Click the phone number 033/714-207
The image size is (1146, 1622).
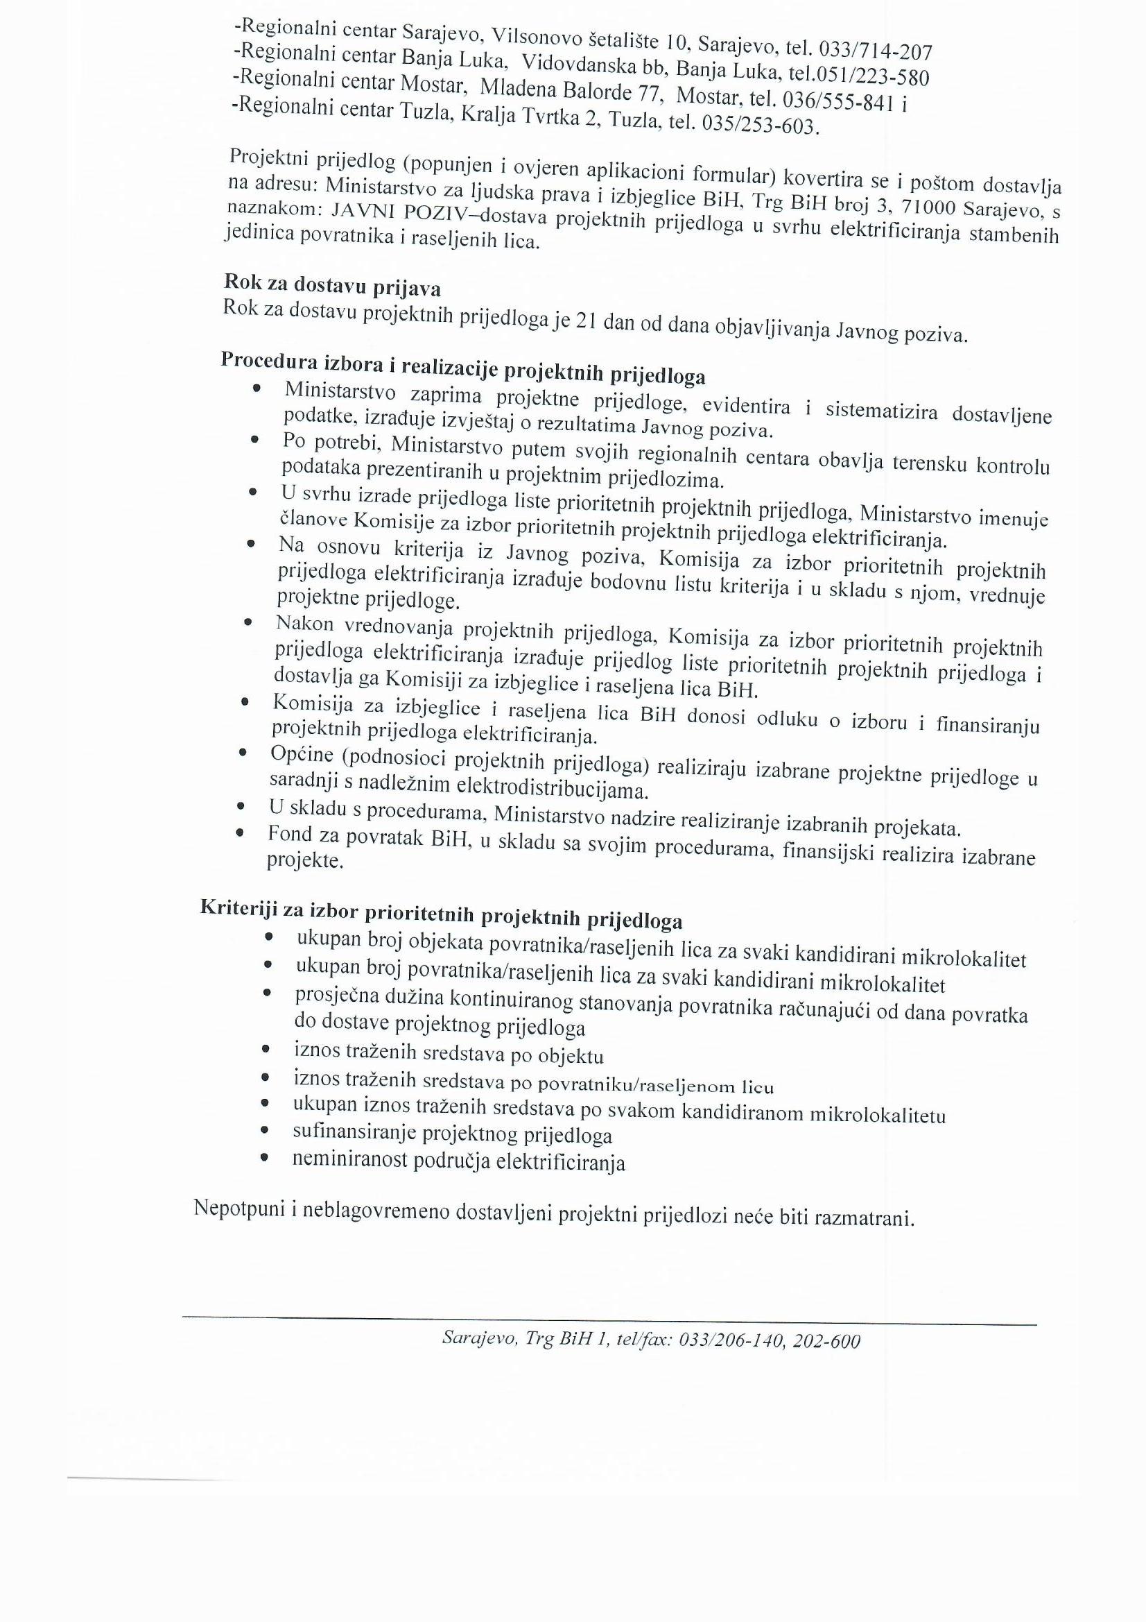click(875, 50)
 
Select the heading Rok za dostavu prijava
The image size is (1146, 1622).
click(332, 284)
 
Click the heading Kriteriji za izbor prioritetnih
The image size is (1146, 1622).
click(442, 913)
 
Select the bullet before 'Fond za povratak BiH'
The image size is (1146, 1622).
click(240, 834)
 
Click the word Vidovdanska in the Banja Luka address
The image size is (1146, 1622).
click(578, 64)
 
